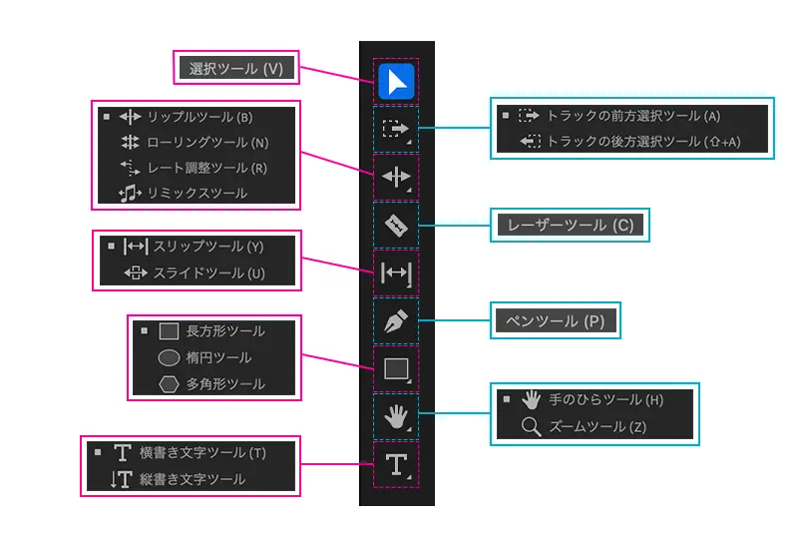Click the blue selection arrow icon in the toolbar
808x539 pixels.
[x=396, y=81]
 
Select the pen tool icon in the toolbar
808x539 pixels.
[x=396, y=320]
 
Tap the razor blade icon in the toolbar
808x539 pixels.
[x=396, y=226]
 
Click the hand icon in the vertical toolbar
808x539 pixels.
[x=396, y=415]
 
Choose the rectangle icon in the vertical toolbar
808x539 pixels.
[x=396, y=368]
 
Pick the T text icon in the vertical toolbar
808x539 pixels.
[x=396, y=463]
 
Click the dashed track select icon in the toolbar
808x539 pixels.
[x=396, y=129]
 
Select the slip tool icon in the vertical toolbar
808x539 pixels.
[x=396, y=273]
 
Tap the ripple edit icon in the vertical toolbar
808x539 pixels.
[x=396, y=178]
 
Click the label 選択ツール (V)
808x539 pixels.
[x=236, y=69]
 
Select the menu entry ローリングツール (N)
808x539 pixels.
[x=207, y=143]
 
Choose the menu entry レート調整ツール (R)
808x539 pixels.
[x=206, y=168]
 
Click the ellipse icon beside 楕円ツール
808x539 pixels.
[x=170, y=357]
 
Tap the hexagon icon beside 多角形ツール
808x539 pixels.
[x=170, y=383]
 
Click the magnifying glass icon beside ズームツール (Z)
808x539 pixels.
[x=532, y=427]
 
